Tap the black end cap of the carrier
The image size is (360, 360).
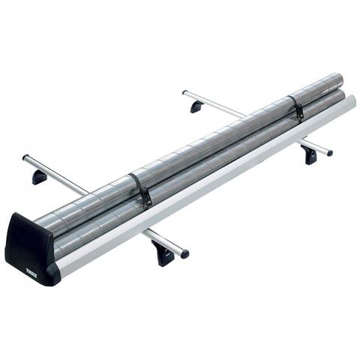(31, 250)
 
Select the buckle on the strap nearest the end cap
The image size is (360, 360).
(147, 196)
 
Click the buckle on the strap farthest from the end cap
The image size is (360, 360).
(298, 110)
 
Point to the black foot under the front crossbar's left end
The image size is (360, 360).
(40, 177)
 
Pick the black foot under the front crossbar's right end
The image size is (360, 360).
(163, 253)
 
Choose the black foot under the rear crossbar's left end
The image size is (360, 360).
(197, 106)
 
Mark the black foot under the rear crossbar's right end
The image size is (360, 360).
(310, 154)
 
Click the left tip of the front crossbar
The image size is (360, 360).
(25, 157)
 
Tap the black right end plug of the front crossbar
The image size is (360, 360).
(184, 253)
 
